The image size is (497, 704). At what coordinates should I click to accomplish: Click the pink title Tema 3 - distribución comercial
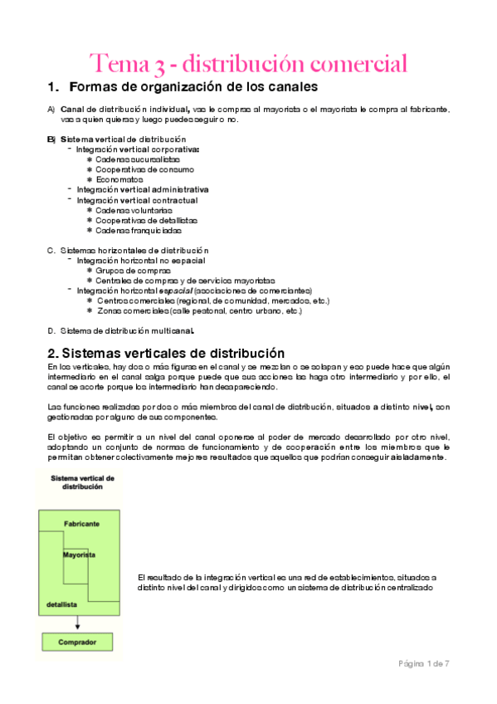coord(248,63)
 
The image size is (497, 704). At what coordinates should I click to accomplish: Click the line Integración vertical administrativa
coord(143,189)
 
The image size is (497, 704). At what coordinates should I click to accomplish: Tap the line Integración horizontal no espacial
coord(140,261)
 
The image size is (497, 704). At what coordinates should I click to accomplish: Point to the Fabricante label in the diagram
coord(82,525)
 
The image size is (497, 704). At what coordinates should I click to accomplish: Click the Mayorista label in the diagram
coord(79,554)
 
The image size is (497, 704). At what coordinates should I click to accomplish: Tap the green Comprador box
coord(77,643)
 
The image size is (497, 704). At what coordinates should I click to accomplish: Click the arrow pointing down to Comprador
coord(77,623)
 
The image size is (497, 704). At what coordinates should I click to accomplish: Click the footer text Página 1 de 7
coord(423,663)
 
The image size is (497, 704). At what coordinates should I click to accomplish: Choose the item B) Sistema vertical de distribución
coord(123,139)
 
